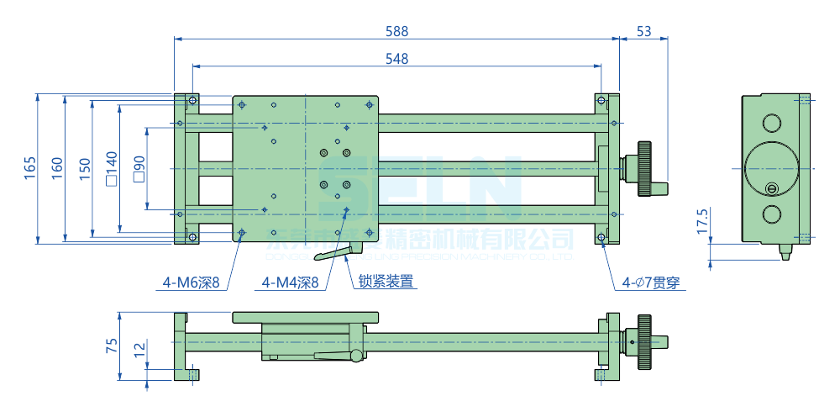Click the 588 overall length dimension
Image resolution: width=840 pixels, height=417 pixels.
[396, 31]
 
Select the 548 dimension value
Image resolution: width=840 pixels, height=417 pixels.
[396, 58]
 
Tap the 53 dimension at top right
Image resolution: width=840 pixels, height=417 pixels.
[644, 31]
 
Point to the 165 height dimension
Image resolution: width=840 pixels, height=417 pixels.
[29, 168]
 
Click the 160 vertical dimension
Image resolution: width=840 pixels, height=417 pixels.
[56, 168]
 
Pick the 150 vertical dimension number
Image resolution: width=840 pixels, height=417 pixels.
[84, 168]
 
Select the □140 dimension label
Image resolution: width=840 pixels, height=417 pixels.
[111, 168]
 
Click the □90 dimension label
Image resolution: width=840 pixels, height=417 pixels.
[139, 168]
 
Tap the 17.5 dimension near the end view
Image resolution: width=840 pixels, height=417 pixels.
[702, 221]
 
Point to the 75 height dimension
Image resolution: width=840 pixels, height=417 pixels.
[111, 346]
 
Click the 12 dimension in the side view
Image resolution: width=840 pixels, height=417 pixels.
[139, 348]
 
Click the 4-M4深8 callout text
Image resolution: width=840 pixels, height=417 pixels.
[291, 283]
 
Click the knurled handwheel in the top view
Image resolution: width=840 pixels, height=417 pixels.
[644, 168]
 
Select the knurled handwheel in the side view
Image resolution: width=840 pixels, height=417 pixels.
[644, 342]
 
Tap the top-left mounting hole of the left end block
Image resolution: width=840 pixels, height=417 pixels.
[193, 101]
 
